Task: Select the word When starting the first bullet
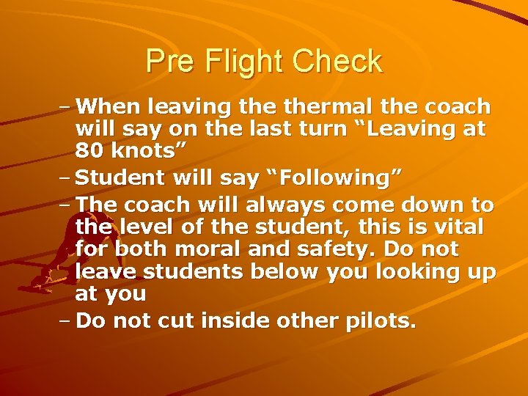[108, 108]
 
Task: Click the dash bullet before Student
[65, 177]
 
